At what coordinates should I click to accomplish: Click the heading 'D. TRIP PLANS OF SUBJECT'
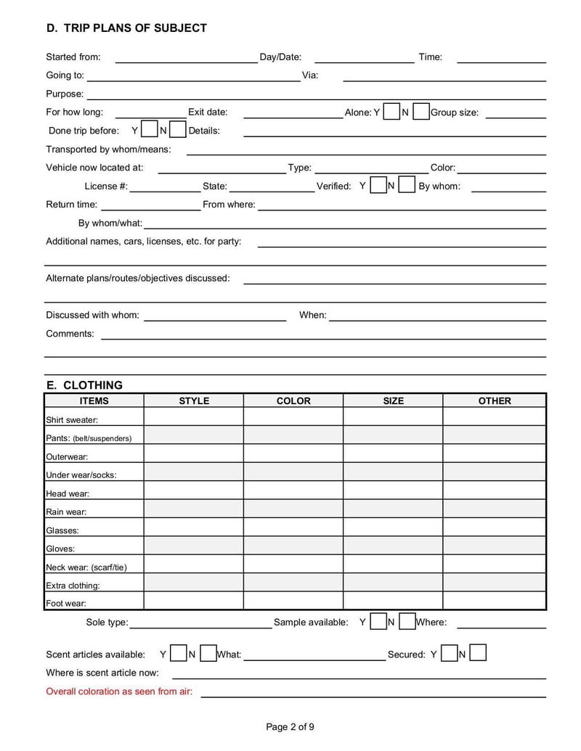pyautogui.click(x=126, y=28)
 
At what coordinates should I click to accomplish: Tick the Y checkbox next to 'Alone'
pyautogui.click(x=391, y=112)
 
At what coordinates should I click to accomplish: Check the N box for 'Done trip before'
pyautogui.click(x=178, y=131)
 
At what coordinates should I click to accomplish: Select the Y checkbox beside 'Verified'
pyautogui.click(x=378, y=185)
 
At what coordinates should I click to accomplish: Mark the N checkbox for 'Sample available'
pyautogui.click(x=407, y=622)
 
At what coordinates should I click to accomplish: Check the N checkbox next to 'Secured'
pyautogui.click(x=477, y=654)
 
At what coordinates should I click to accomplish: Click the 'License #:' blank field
pyautogui.click(x=164, y=187)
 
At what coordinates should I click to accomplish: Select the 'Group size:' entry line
pyautogui.click(x=515, y=113)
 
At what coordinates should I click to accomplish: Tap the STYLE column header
pyautogui.click(x=194, y=401)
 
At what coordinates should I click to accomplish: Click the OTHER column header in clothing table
pyautogui.click(x=495, y=401)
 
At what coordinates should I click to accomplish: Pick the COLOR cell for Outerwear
pyautogui.click(x=293, y=456)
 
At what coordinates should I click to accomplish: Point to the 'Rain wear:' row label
pyautogui.click(x=66, y=512)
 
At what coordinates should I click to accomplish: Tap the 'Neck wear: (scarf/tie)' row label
pyautogui.click(x=86, y=567)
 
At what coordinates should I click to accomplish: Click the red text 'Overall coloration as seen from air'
pyautogui.click(x=119, y=692)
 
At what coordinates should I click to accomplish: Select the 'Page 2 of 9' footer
pyautogui.click(x=290, y=727)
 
